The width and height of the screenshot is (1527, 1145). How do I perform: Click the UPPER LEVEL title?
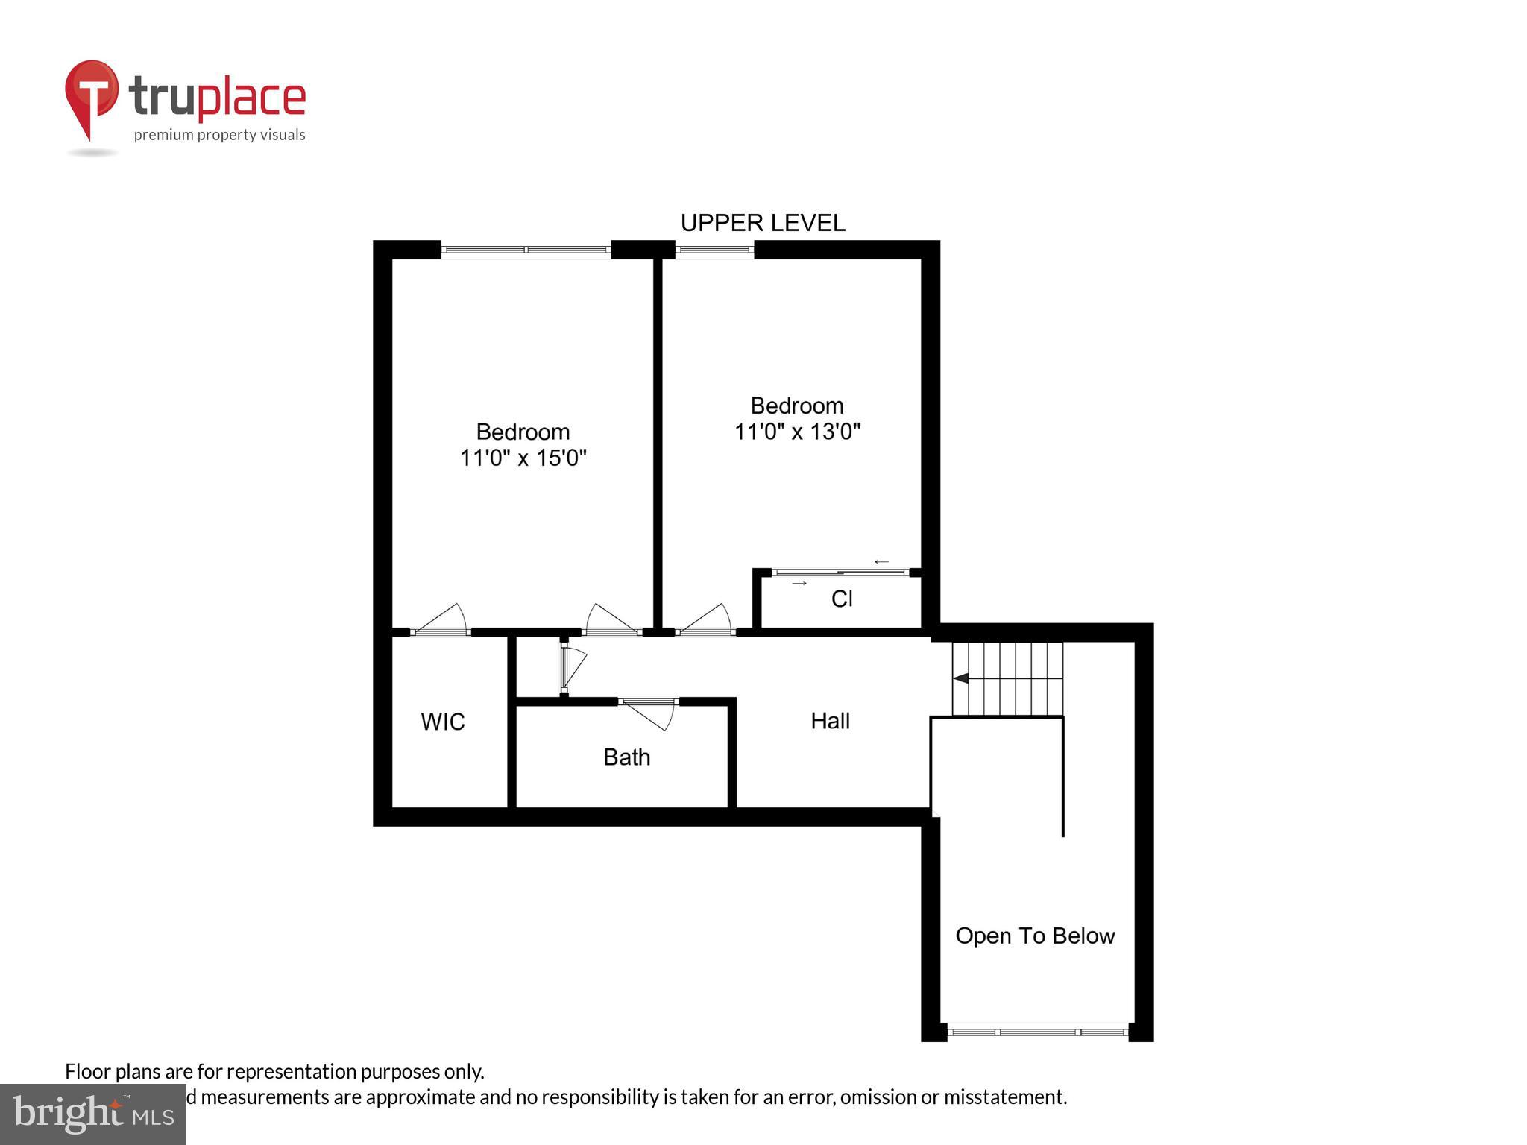(x=762, y=223)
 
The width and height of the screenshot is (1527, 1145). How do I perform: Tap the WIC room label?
(x=442, y=722)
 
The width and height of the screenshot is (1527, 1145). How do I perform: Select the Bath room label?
(x=626, y=757)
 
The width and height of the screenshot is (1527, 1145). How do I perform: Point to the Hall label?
(x=830, y=721)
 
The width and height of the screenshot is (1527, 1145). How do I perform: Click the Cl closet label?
(x=842, y=599)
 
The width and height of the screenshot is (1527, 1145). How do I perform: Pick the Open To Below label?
(x=1035, y=936)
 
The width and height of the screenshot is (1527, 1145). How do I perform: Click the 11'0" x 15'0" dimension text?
(x=523, y=458)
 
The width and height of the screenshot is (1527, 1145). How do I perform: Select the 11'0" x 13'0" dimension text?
(x=797, y=432)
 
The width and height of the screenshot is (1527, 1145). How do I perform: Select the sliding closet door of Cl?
(x=841, y=572)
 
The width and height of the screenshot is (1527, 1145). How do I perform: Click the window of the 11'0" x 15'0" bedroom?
(x=526, y=250)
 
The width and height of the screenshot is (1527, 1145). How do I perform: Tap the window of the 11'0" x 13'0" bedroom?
(x=714, y=250)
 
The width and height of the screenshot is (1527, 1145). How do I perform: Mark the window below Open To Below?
(x=1037, y=1032)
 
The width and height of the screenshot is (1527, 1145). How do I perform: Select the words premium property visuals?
(x=219, y=135)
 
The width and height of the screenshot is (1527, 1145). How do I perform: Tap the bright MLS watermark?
(x=93, y=1114)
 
